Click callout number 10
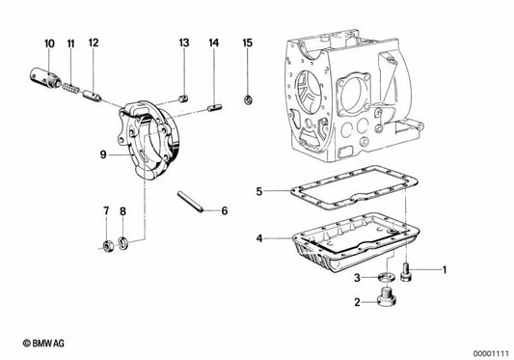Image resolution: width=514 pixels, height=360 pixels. click(x=49, y=42)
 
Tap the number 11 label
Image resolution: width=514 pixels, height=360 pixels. click(x=71, y=43)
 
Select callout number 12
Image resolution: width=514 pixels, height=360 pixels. click(x=94, y=43)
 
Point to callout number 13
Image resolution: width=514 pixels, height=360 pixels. click(x=183, y=43)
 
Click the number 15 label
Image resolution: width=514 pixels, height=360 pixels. click(x=247, y=43)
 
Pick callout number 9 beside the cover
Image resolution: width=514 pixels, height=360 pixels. click(x=100, y=152)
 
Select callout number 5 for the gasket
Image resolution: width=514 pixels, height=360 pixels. click(x=258, y=191)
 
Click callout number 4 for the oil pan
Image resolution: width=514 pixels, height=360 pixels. click(x=258, y=237)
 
